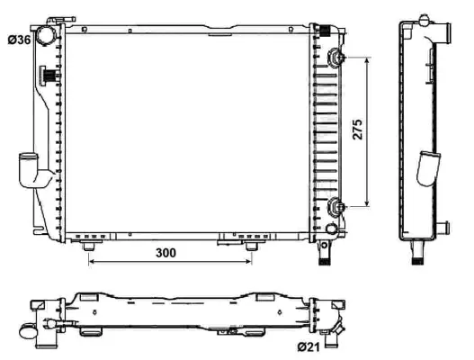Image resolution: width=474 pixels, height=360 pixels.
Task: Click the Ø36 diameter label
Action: (19, 40)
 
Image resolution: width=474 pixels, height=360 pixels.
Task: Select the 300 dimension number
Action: (165, 253)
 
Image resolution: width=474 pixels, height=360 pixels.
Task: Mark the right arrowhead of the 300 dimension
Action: (249, 264)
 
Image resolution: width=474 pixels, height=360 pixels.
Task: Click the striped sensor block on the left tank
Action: (49, 77)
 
